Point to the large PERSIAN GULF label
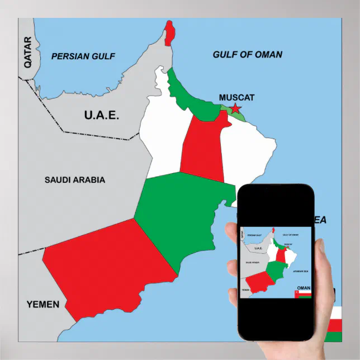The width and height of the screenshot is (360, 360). pyautogui.click(x=83, y=56)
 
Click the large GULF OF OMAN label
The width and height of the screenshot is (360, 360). pyautogui.click(x=247, y=55)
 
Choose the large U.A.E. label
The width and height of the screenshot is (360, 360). pyautogui.click(x=101, y=115)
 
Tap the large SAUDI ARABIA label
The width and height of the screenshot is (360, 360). pyautogui.click(x=75, y=180)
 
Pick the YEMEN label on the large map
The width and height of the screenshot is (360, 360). pyautogui.click(x=42, y=304)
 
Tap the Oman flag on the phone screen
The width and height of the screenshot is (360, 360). pyautogui.click(x=302, y=293)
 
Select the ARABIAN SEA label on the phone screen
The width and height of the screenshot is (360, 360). pyautogui.click(x=301, y=271)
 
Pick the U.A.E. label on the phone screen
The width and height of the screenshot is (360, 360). pyautogui.click(x=258, y=248)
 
